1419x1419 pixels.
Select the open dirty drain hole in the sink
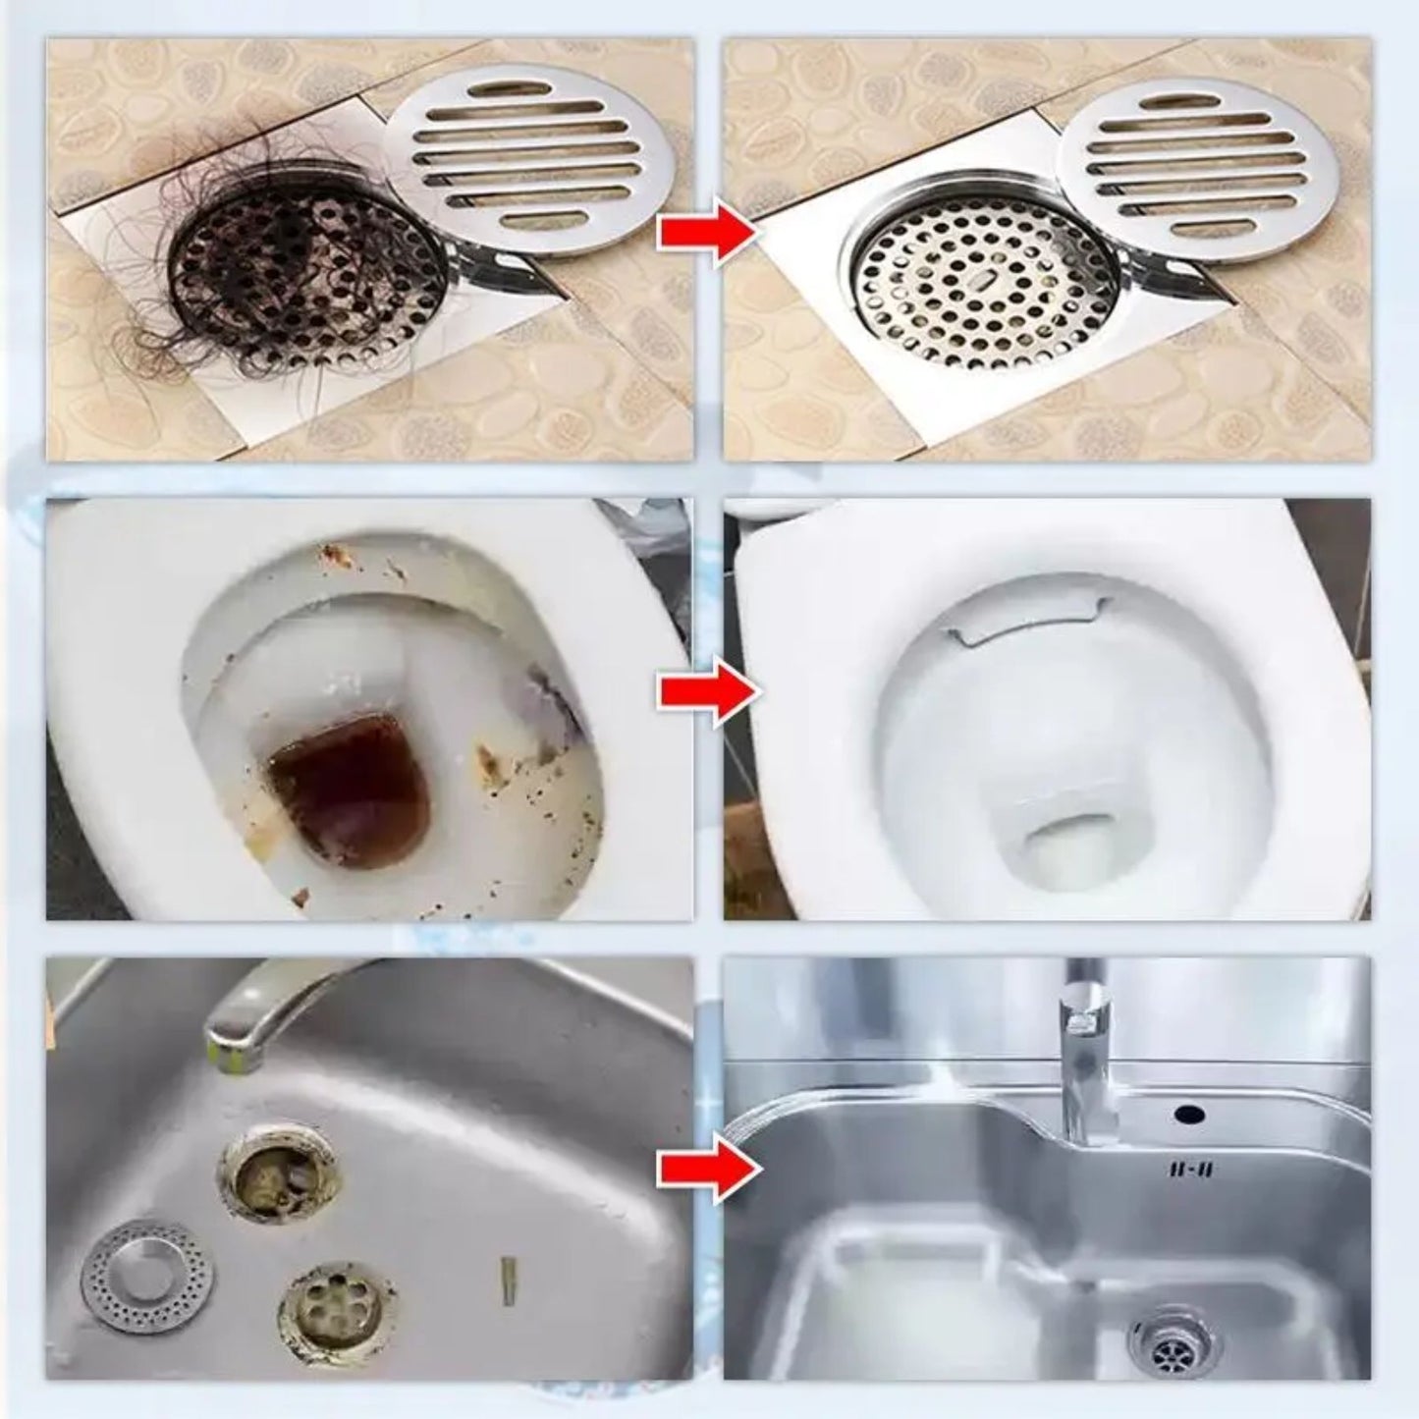(x=279, y=1174)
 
